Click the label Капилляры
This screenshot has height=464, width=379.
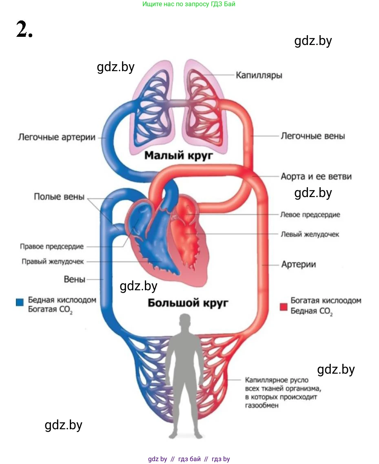pyautogui.click(x=259, y=75)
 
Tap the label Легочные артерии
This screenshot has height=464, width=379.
pyautogui.click(x=57, y=137)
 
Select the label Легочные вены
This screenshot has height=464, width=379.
pyautogui.click(x=313, y=136)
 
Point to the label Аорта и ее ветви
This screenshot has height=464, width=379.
pyautogui.click(x=316, y=177)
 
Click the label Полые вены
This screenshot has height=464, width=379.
pyautogui.click(x=59, y=197)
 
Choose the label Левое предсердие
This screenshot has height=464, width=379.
pyautogui.click(x=310, y=215)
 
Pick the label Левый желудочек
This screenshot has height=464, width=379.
pyautogui.click(x=310, y=234)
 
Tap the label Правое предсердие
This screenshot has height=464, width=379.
pyautogui.click(x=52, y=247)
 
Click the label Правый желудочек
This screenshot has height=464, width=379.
pyautogui.click(x=53, y=262)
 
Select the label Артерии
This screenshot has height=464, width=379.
pyautogui.click(x=299, y=265)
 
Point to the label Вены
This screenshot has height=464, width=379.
pyautogui.click(x=75, y=280)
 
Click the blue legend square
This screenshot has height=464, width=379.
pyautogui.click(x=20, y=303)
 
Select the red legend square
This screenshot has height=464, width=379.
pyautogui.click(x=284, y=307)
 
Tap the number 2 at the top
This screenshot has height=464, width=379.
pyautogui.click(x=24, y=30)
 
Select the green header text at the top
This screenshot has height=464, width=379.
pyautogui.click(x=189, y=4)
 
